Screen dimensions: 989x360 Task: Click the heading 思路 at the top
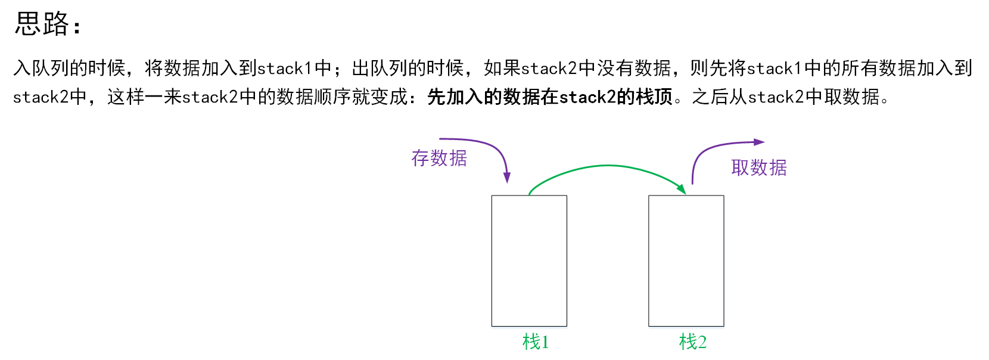coord(42,24)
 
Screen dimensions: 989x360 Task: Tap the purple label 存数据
coord(439,159)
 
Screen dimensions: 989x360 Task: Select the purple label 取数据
coord(758,168)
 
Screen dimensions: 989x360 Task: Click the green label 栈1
coord(535,342)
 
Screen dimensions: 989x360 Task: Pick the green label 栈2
coord(692,342)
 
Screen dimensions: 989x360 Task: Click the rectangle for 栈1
coord(529,260)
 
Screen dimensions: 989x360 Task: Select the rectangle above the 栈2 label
coord(686,260)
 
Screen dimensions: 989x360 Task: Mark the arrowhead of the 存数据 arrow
coord(507,178)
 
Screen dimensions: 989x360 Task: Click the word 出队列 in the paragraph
coord(380,69)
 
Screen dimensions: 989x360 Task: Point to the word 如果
coord(502,69)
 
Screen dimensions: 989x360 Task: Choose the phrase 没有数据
coord(634,69)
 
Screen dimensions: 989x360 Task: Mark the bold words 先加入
coord(455,97)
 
